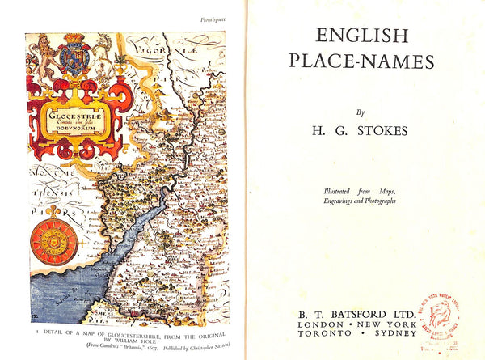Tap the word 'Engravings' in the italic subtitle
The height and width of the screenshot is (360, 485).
pyautogui.click(x=330, y=200)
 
